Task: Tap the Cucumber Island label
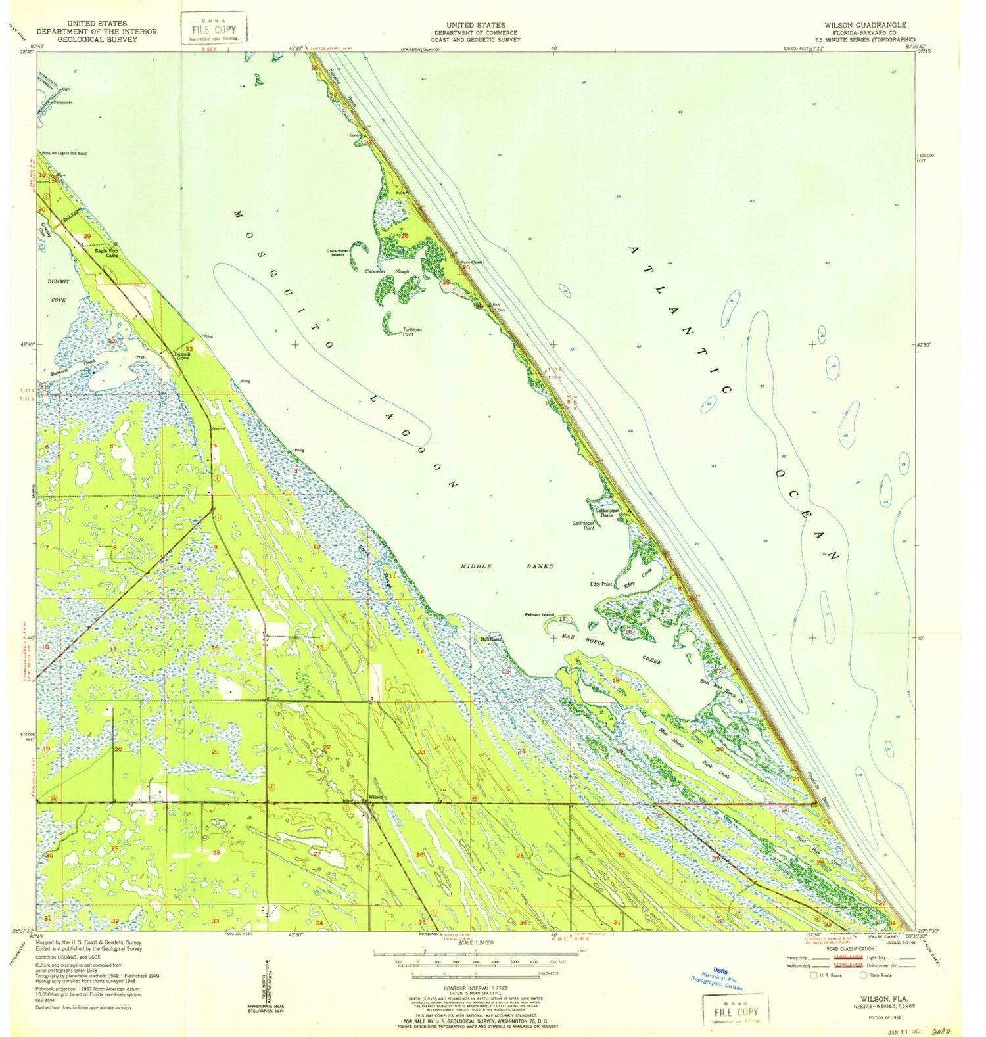point(337,252)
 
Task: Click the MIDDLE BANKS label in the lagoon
point(506,566)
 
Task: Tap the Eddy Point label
point(601,584)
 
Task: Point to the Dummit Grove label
point(182,356)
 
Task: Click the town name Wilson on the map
point(375,796)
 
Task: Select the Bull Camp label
point(491,639)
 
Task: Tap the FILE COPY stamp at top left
point(214,29)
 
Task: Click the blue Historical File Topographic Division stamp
point(718,979)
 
